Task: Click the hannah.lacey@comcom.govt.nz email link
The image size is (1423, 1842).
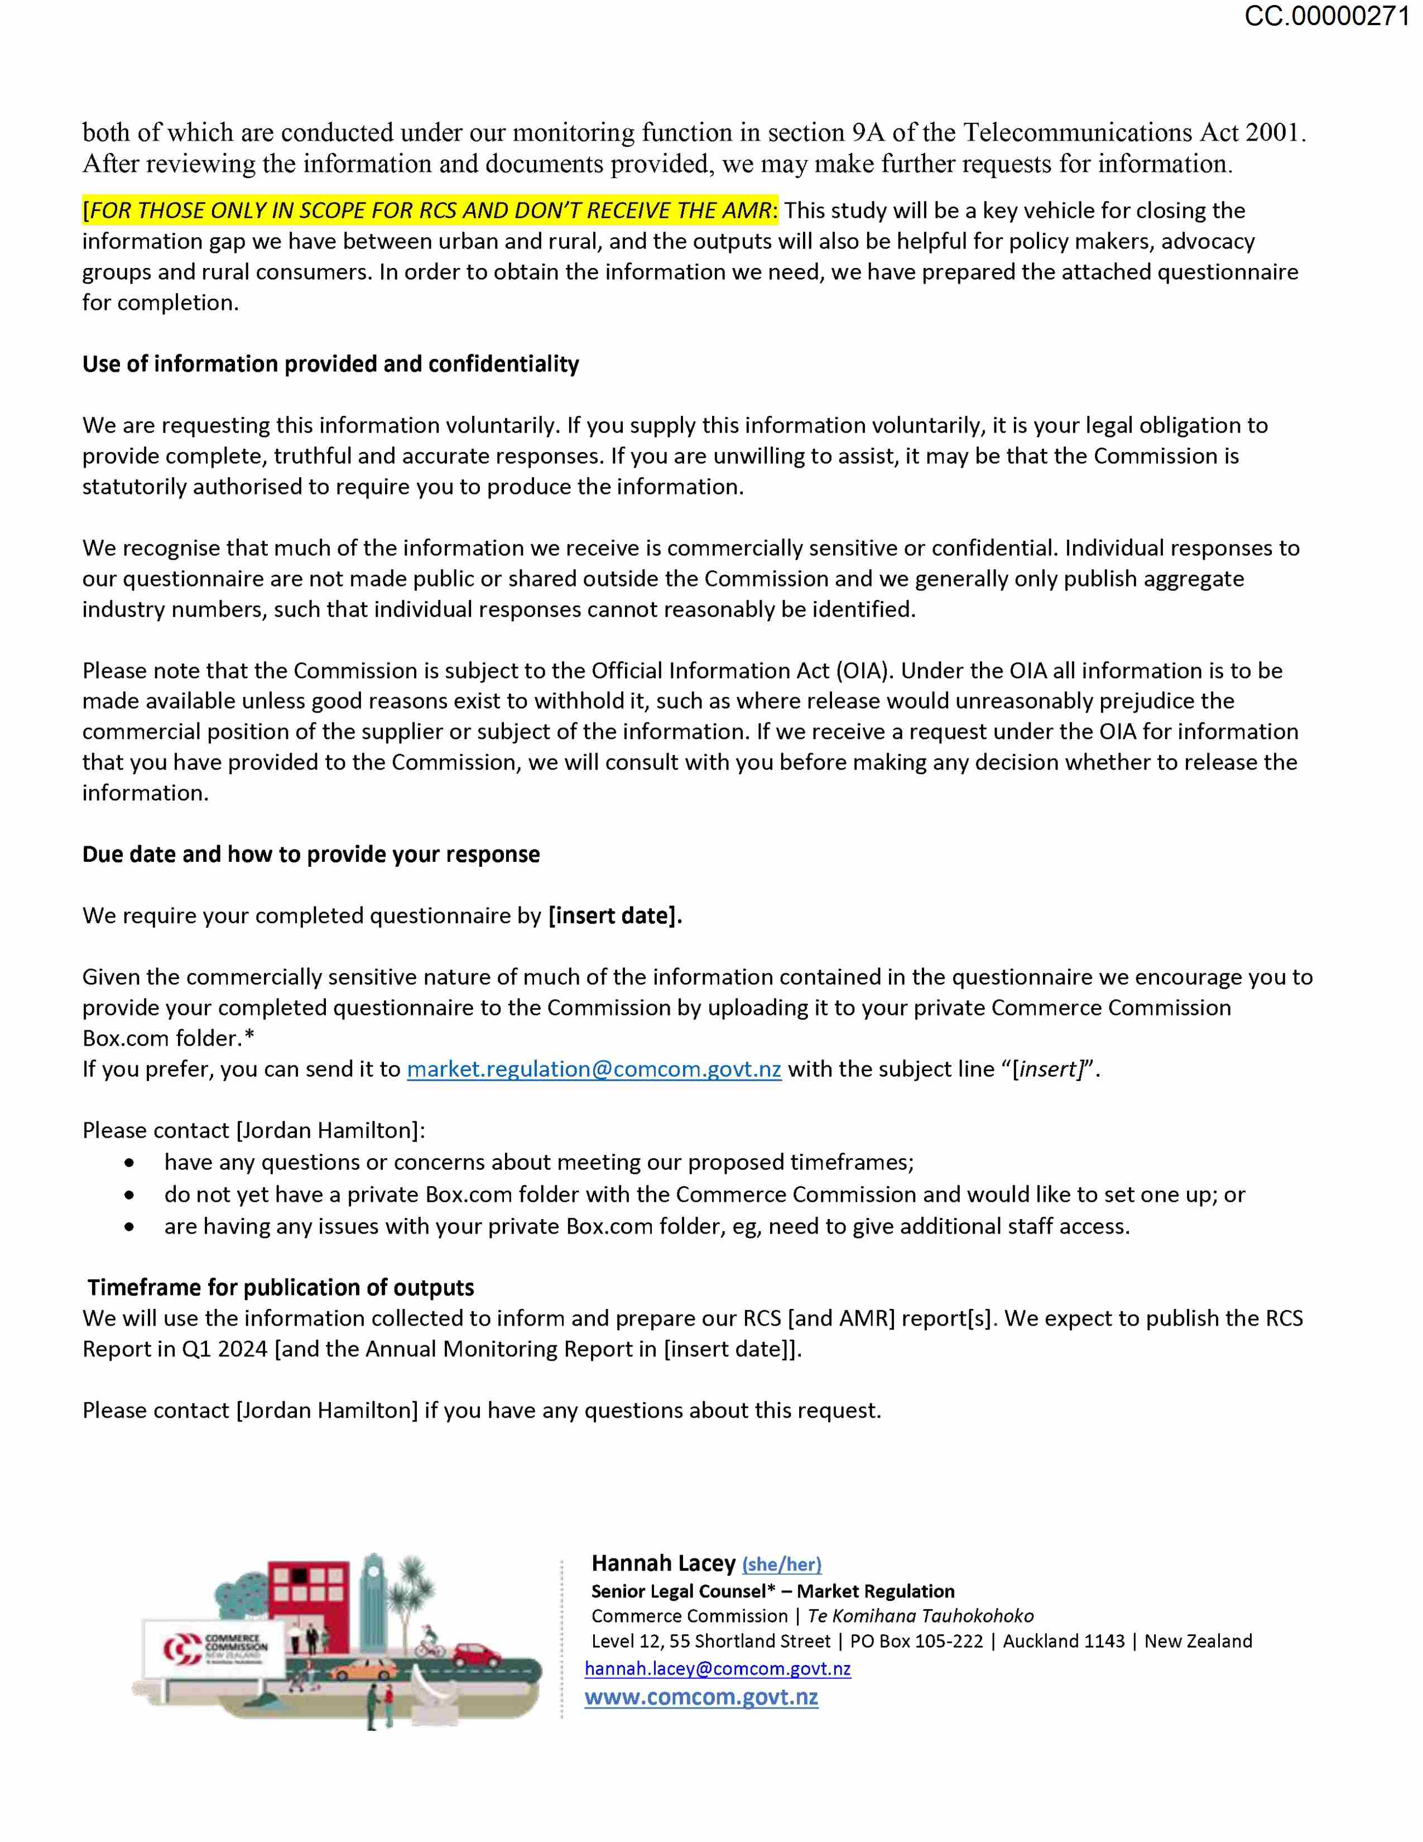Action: tap(718, 1668)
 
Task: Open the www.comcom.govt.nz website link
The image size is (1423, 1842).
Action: tap(701, 1697)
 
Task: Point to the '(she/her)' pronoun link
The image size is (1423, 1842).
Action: tap(781, 1565)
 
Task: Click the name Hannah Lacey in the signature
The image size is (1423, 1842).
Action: tap(664, 1563)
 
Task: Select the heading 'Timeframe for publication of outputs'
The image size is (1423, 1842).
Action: tap(281, 1287)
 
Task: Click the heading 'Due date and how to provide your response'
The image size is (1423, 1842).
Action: tap(311, 855)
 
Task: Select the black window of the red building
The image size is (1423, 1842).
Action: tap(299, 1575)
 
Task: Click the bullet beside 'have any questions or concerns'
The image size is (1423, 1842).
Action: tap(129, 1163)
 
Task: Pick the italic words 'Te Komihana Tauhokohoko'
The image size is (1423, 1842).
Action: tap(921, 1616)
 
